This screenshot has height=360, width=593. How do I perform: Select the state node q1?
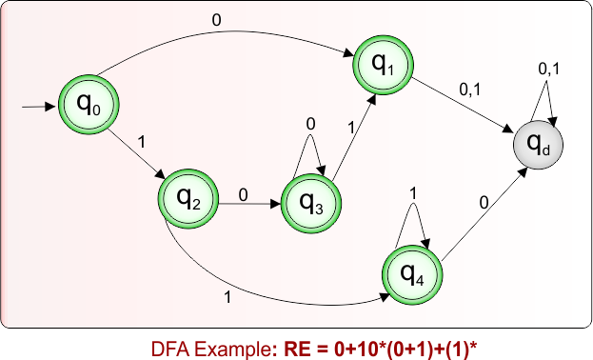tap(382, 66)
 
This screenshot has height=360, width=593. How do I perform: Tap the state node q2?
tap(187, 199)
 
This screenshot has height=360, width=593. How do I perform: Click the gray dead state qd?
tap(537, 145)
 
